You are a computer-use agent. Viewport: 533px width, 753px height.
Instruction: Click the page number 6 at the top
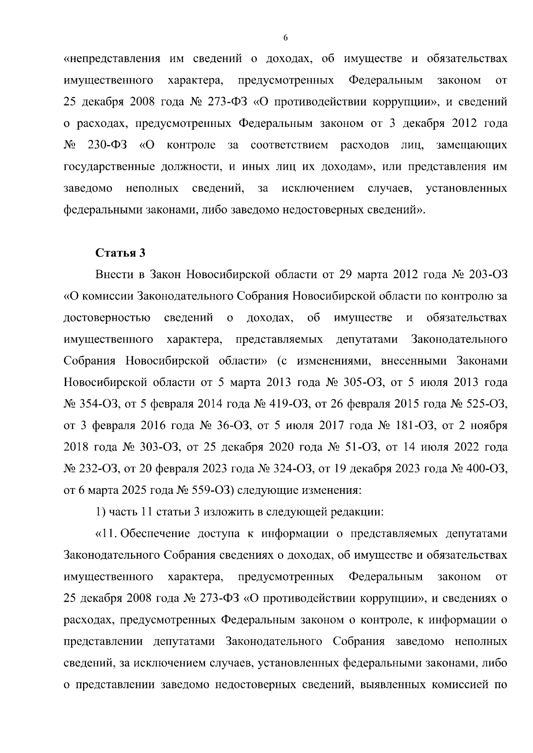(286, 38)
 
